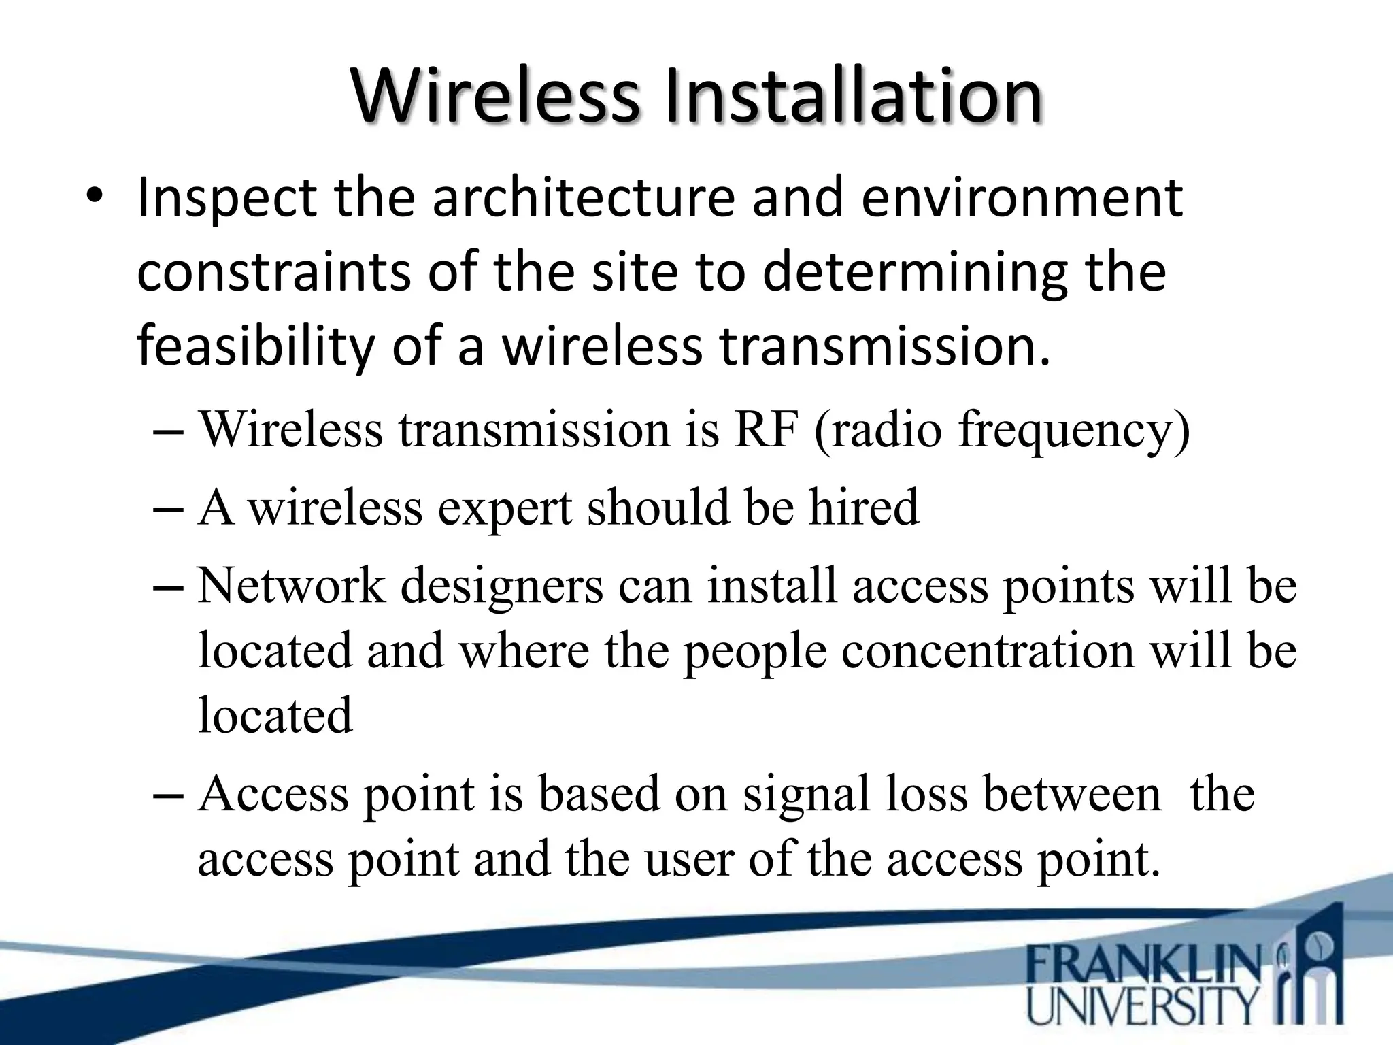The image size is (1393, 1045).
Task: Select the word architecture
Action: pos(583,199)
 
